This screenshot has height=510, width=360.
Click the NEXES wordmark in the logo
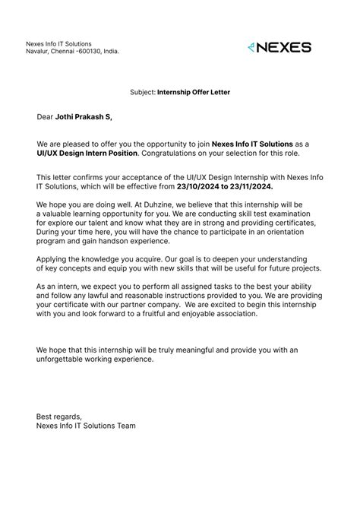click(285, 47)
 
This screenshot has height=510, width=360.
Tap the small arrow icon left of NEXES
click(252, 47)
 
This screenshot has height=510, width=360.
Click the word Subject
click(142, 92)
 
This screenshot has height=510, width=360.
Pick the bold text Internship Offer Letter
click(194, 92)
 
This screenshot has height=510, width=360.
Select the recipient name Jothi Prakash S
click(83, 117)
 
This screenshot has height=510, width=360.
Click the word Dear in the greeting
click(45, 117)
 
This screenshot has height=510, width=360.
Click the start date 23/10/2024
click(199, 186)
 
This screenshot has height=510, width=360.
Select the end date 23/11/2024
click(250, 186)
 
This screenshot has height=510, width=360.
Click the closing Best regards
click(58, 417)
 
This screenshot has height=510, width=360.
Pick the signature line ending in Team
click(86, 426)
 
